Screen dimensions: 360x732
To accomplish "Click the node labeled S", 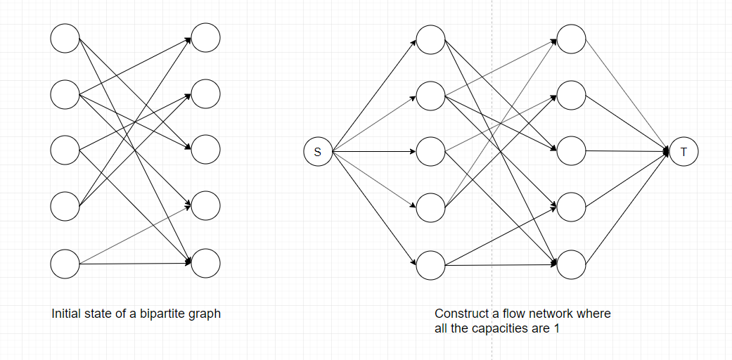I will point(317,152).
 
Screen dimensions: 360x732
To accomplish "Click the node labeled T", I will point(683,152).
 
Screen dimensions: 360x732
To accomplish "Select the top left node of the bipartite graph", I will point(65,38).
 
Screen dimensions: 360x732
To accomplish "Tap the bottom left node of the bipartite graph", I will point(65,264).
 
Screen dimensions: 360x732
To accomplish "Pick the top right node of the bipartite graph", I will point(205,38).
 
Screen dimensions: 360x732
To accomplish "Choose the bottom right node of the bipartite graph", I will point(205,264).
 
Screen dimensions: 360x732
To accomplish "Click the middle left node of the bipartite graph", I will point(65,150).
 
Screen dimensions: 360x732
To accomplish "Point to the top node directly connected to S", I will point(430,39).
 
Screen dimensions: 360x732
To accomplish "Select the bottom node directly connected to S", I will point(430,264).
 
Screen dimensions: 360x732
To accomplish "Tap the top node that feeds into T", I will point(571,39).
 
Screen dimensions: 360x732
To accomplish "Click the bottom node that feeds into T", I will point(571,264).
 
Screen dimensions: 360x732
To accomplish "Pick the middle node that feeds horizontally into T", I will point(571,151).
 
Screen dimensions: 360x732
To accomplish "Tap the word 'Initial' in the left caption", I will point(67,314).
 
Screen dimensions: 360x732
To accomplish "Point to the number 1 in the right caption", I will point(556,328).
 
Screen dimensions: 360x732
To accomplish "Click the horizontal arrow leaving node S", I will point(373,152).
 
